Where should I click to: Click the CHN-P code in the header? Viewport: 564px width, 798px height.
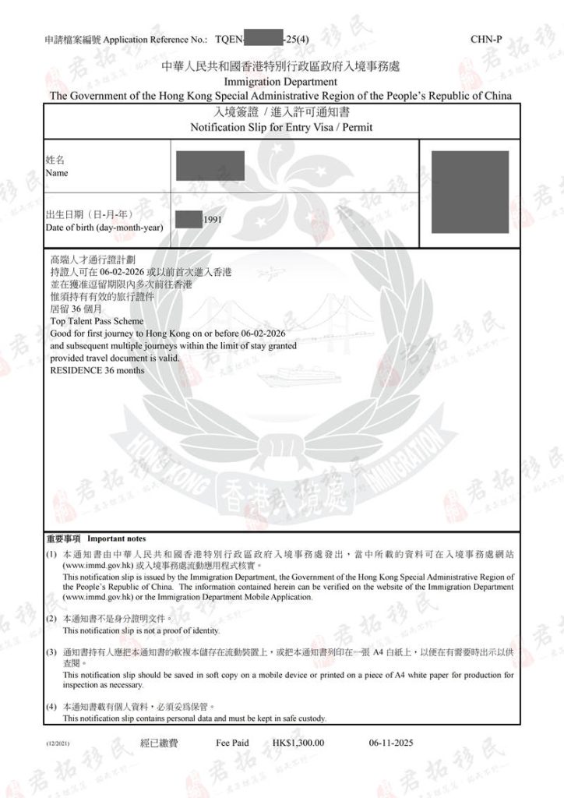coord(488,38)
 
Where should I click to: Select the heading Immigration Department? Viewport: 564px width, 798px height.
coord(280,82)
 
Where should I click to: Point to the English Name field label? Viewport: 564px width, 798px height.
coord(57,173)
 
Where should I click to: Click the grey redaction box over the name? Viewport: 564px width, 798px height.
coord(210,166)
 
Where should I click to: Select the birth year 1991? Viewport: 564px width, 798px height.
coord(213,221)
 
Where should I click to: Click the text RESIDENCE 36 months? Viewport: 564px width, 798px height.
coord(97,370)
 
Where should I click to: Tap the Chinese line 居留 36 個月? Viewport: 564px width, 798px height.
coord(75,308)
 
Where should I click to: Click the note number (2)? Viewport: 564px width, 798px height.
coord(51,618)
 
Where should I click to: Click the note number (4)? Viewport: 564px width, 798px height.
coord(51,706)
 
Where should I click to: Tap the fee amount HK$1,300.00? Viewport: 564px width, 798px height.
coord(299,743)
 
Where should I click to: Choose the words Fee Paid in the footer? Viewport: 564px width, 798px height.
coord(232,743)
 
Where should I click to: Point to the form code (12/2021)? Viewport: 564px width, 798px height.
coord(59,745)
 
